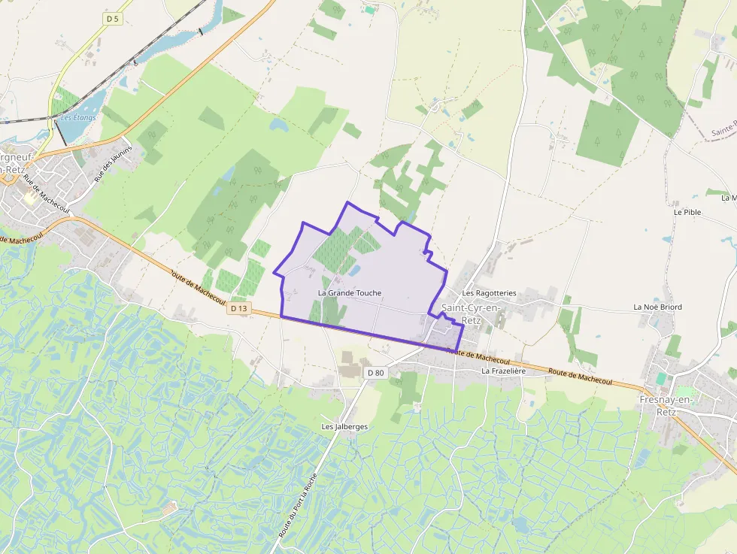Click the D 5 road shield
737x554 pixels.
(112, 19)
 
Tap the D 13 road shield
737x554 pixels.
(239, 308)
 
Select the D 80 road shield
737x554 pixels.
(375, 373)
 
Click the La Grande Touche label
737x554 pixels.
(350, 292)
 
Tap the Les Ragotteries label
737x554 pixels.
(490, 292)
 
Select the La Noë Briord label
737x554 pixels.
(658, 307)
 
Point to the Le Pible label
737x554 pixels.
(687, 212)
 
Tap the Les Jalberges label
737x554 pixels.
(344, 426)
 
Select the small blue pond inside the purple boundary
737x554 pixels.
(353, 269)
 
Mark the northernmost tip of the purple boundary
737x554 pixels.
(347, 202)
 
